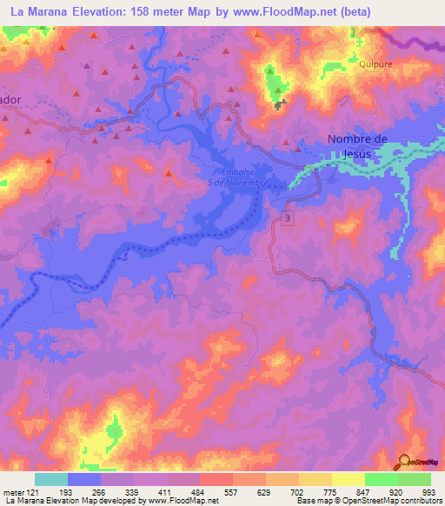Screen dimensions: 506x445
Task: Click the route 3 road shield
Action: click(286, 221)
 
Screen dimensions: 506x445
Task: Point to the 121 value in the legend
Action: click(36, 491)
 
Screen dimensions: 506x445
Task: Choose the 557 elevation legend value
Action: click(232, 491)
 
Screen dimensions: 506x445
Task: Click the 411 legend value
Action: click(166, 491)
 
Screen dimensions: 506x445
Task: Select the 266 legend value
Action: click(101, 491)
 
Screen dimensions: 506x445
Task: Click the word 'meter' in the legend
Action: click(14, 491)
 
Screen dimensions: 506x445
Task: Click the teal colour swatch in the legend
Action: click(51, 479)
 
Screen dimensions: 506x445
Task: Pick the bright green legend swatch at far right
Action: click(415, 479)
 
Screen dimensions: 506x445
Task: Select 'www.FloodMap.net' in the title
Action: click(284, 12)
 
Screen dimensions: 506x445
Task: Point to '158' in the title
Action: click(140, 12)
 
